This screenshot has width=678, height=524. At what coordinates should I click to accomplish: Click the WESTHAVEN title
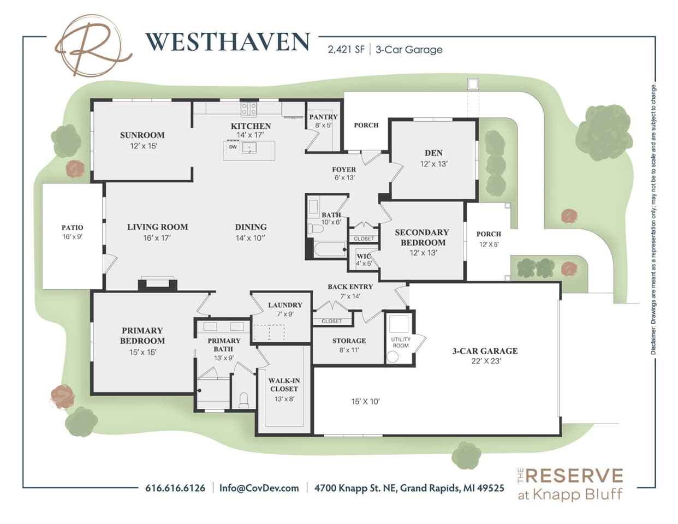(x=227, y=42)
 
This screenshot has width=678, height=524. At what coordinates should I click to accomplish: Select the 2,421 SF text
(x=346, y=50)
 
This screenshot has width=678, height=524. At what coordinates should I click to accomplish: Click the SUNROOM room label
(x=142, y=135)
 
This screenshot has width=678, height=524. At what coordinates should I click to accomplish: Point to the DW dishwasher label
(x=233, y=147)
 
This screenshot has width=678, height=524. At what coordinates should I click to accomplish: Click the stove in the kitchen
(x=249, y=109)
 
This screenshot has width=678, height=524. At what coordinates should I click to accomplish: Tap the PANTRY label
(x=323, y=117)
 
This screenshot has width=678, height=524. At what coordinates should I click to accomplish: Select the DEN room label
(x=433, y=153)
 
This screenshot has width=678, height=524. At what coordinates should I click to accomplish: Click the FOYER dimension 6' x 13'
(x=344, y=177)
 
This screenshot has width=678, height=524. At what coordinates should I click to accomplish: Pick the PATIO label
(x=72, y=227)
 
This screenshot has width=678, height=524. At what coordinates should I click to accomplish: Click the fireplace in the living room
(x=157, y=283)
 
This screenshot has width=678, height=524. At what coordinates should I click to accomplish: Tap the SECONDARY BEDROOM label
(x=422, y=237)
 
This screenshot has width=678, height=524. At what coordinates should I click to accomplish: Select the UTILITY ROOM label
(x=401, y=342)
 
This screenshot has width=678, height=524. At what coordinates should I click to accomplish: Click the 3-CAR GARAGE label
(x=485, y=351)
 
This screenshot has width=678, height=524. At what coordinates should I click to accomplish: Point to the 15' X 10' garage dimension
(x=365, y=402)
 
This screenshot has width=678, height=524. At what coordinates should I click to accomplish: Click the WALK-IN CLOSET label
(x=284, y=384)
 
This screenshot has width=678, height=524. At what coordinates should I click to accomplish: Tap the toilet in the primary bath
(x=244, y=400)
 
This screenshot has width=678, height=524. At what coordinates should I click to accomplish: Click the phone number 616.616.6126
(x=175, y=488)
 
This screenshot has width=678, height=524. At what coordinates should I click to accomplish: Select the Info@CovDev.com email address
(x=259, y=488)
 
